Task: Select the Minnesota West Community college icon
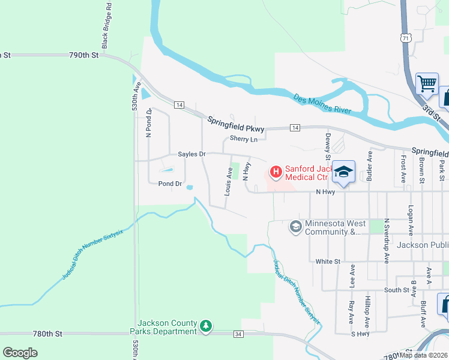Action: [295, 227]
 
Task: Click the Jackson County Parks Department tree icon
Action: [206, 326]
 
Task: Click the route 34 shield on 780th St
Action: [238, 333]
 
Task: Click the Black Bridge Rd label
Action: [106, 25]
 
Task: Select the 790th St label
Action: [83, 55]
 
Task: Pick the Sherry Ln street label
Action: [244, 139]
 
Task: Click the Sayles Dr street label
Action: [191, 154]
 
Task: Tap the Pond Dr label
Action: [170, 184]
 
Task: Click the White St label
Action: [328, 262]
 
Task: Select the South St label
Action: [396, 290]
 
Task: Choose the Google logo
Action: [20, 353]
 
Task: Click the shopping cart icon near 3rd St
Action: [427, 85]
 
